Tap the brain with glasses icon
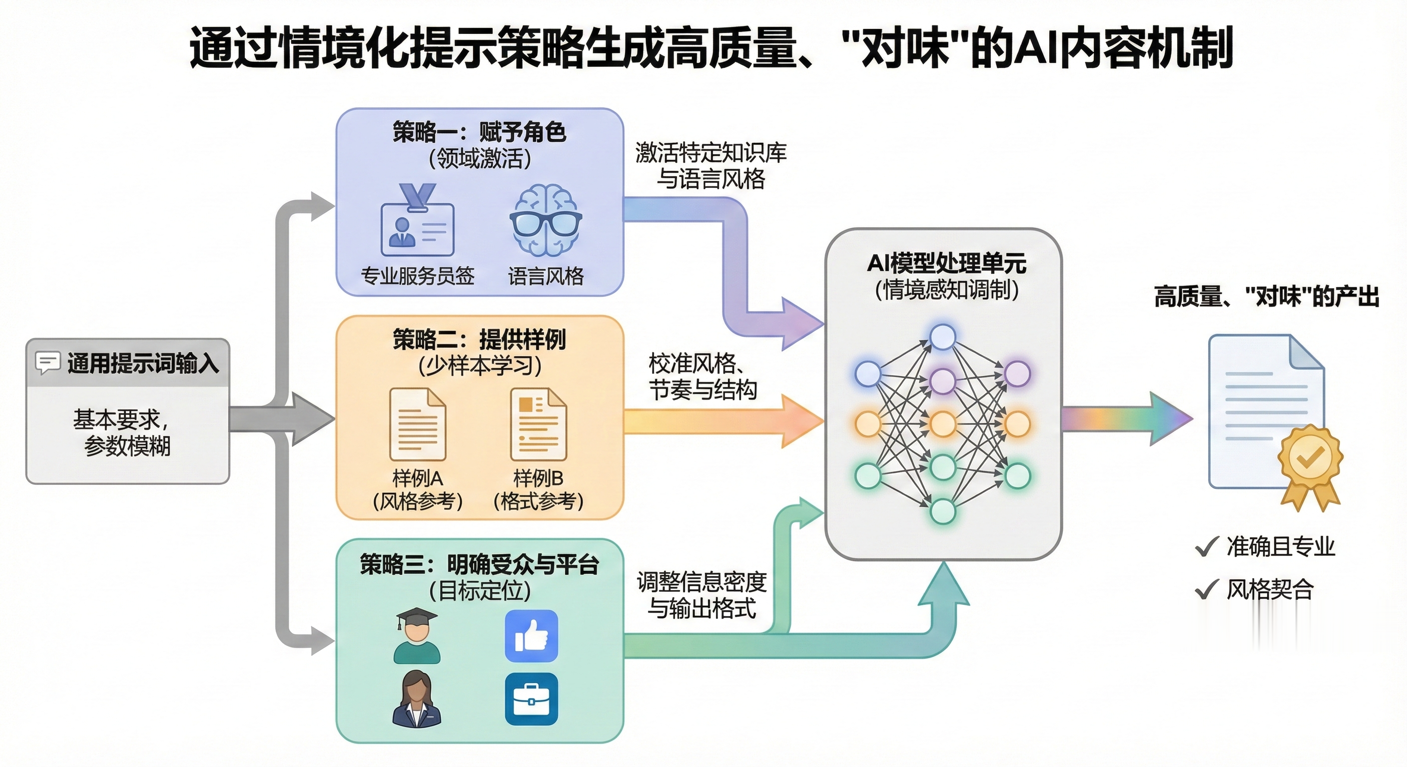546,220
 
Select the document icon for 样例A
418,424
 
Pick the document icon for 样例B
539,424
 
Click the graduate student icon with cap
417,636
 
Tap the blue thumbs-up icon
532,636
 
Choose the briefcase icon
532,699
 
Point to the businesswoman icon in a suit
417,699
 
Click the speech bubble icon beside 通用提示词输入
47,363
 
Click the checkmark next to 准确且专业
1207,546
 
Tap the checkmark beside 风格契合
1207,589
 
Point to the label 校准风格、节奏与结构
703,377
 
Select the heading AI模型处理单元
946,263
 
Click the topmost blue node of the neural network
943,337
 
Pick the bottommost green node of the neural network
943,511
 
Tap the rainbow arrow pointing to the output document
1125,419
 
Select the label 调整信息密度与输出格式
702,595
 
